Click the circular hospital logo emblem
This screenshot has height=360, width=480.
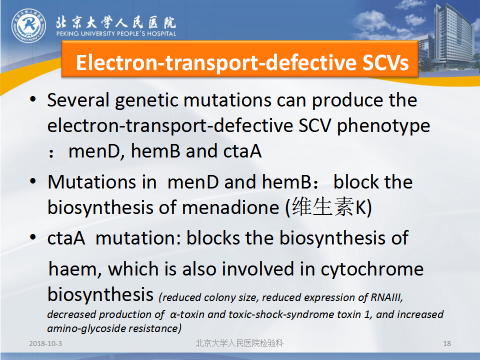click(x=29, y=25)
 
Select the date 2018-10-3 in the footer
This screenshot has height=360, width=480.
click(x=45, y=343)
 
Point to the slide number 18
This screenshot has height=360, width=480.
click(x=447, y=343)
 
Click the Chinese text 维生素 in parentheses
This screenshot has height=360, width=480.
click(x=322, y=206)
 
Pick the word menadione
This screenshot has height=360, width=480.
click(x=230, y=207)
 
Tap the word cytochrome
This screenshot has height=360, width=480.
click(x=372, y=269)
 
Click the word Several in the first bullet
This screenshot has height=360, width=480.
click(x=78, y=100)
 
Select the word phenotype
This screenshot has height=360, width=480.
click(x=383, y=126)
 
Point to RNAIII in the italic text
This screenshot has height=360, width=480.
click(x=386, y=297)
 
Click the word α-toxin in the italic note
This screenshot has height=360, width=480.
click(x=187, y=314)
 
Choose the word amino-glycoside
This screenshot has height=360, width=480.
click(x=86, y=328)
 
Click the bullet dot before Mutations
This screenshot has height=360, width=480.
click(x=33, y=181)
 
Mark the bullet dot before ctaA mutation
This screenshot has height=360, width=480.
click(x=33, y=237)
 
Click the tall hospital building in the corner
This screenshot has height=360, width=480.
click(x=453, y=35)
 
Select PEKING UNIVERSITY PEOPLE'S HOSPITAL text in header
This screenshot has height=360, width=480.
click(x=116, y=33)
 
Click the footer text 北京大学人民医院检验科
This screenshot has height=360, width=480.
click(x=239, y=343)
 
